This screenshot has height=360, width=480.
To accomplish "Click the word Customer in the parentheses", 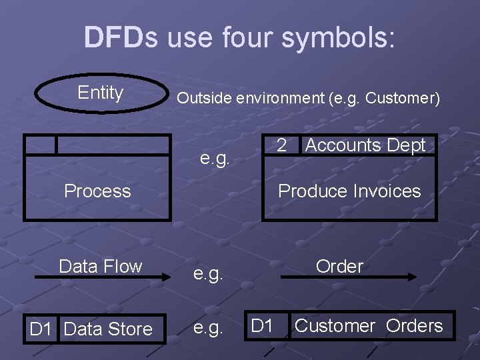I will (x=403, y=98).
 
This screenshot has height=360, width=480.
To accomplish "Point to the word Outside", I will (x=203, y=98).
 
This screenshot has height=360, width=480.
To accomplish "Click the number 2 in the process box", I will (x=281, y=145).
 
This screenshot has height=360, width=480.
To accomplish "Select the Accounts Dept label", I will (x=365, y=145).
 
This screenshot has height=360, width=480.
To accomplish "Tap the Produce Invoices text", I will (x=349, y=191).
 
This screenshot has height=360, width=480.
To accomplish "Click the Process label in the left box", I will (x=97, y=191).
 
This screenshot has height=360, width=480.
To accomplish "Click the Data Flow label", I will (x=101, y=267).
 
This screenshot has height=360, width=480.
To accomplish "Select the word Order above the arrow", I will (x=339, y=267).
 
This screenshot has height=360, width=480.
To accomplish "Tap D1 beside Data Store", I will (x=41, y=329).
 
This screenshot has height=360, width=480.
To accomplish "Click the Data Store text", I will (x=108, y=329).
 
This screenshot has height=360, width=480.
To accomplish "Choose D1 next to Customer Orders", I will (x=262, y=326).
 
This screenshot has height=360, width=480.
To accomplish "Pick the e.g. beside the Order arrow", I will (x=208, y=274).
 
